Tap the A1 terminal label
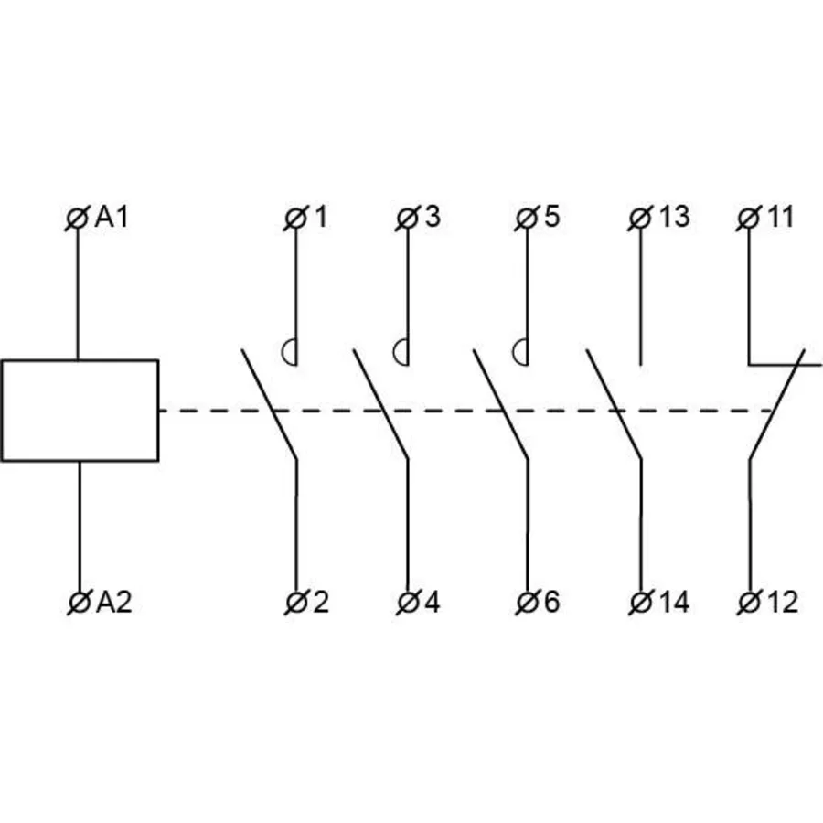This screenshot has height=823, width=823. pyautogui.click(x=112, y=217)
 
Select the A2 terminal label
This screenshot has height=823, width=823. pyautogui.click(x=113, y=602)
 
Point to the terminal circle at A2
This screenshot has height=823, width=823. pyautogui.click(x=80, y=602)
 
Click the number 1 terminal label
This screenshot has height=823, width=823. pyautogui.click(x=320, y=216)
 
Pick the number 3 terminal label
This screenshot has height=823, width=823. pyautogui.click(x=433, y=216)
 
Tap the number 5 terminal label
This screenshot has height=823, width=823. pyautogui.click(x=551, y=216)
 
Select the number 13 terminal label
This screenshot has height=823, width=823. pyautogui.click(x=674, y=216)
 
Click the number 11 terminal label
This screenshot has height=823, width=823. pyautogui.click(x=781, y=216)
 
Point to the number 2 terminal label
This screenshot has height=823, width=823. pyautogui.click(x=321, y=602)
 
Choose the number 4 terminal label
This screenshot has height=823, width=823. pyautogui.click(x=432, y=602)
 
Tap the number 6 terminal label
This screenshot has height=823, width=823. pyautogui.click(x=551, y=602)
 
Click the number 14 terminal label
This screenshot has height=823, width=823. pyautogui.click(x=674, y=602)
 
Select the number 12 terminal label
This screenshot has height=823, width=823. pyautogui.click(x=783, y=602)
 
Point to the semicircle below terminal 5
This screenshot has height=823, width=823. pyautogui.click(x=514, y=352)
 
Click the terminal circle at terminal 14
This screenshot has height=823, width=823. pyautogui.click(x=640, y=602)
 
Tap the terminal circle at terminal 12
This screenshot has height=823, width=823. pyautogui.click(x=750, y=602)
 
